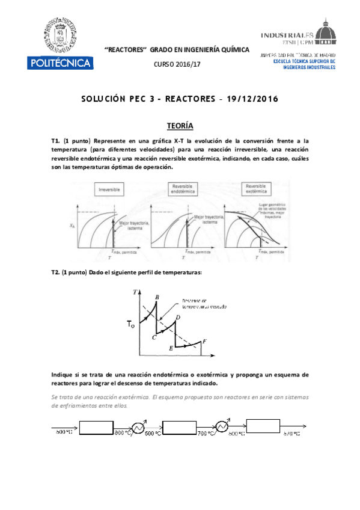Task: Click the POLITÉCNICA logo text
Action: click(59, 63)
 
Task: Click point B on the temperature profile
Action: click(157, 297)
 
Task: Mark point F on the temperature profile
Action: click(206, 342)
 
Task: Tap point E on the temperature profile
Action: click(172, 348)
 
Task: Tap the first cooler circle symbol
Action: click(137, 427)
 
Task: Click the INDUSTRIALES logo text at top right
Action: click(288, 35)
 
